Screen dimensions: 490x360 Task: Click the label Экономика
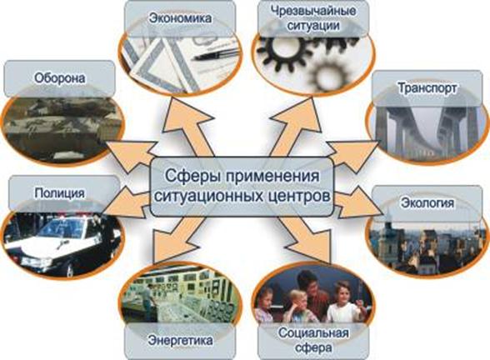pyautogui.click(x=180, y=18)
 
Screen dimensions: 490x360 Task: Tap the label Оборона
pyautogui.click(x=60, y=78)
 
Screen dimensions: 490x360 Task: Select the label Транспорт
pyautogui.click(x=427, y=88)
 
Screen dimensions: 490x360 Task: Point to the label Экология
pyautogui.click(x=427, y=202)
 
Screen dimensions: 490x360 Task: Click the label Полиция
pyautogui.click(x=60, y=192)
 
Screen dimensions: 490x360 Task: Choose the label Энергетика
pyautogui.click(x=180, y=340)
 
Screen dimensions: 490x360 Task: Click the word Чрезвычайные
pyautogui.click(x=313, y=11)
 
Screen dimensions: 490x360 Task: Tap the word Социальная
pyautogui.click(x=313, y=332)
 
